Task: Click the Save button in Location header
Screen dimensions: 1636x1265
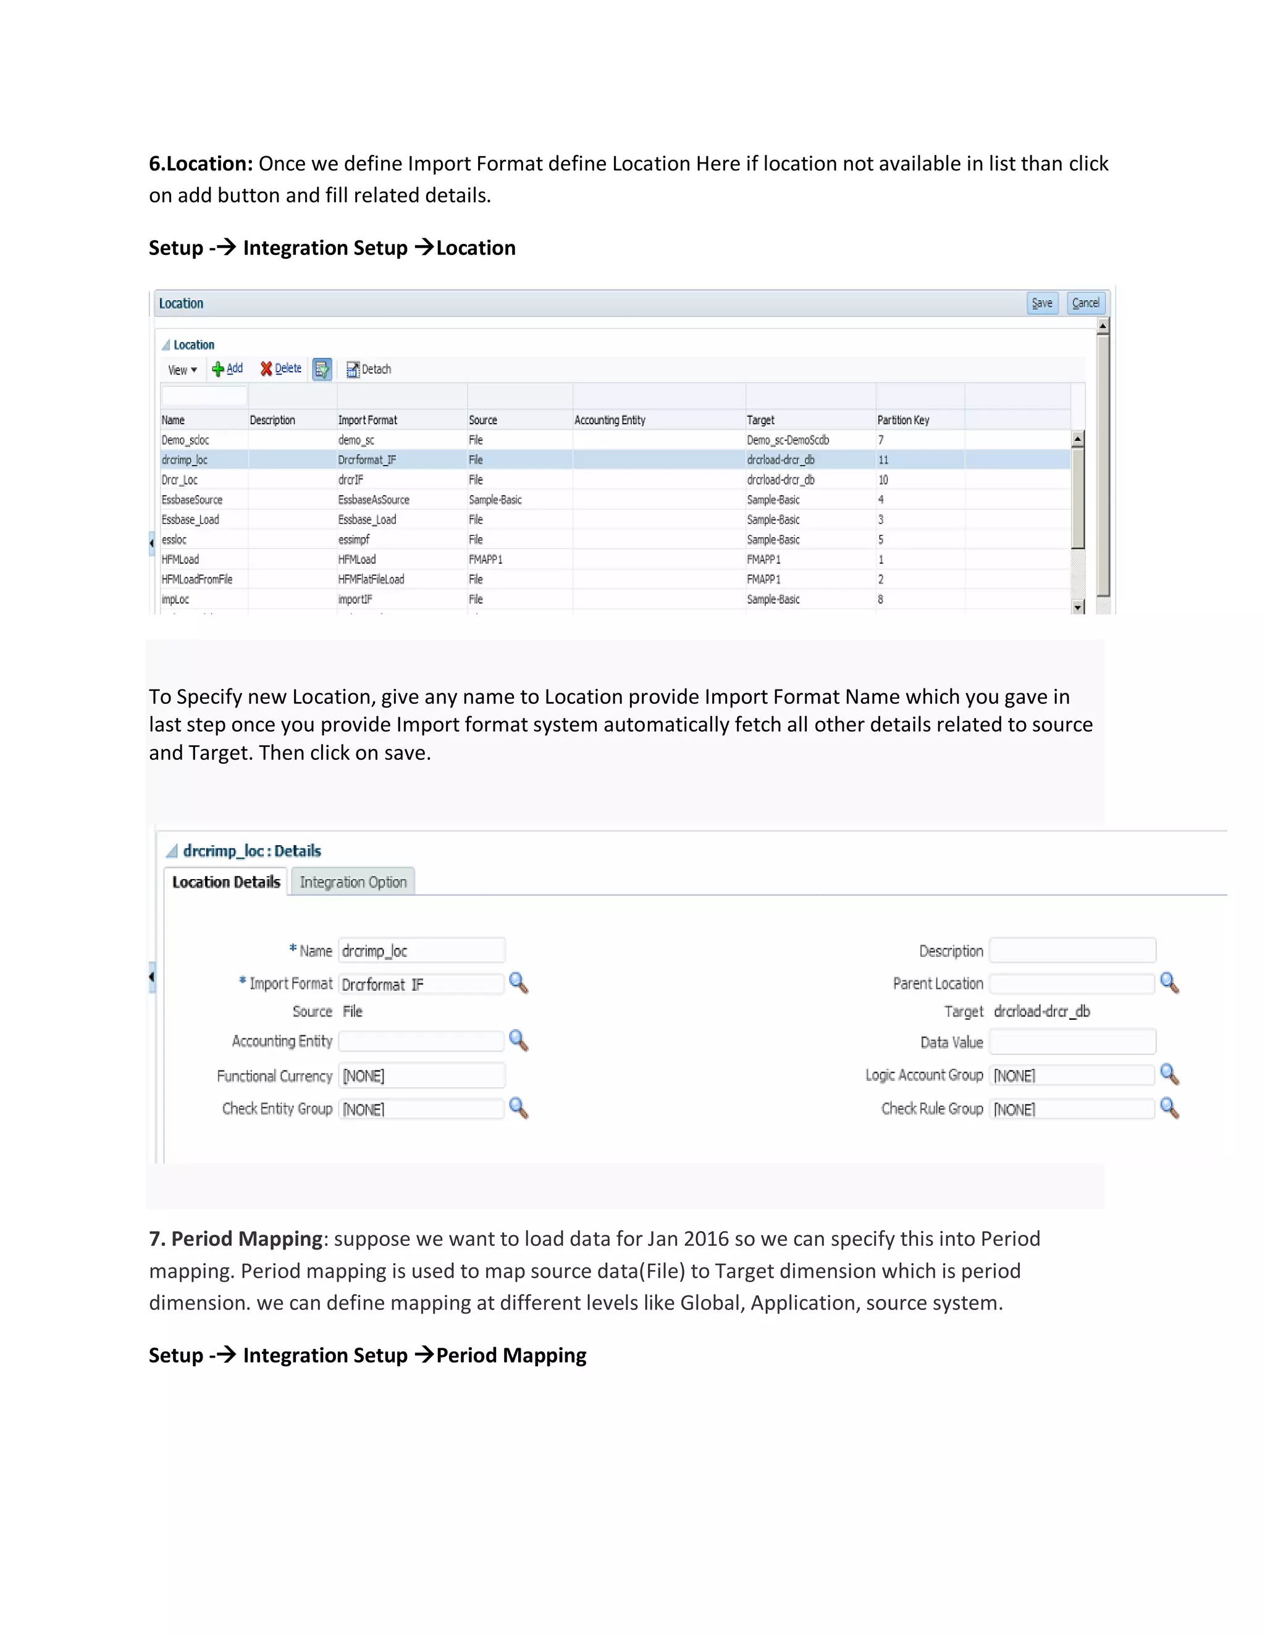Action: (x=1041, y=303)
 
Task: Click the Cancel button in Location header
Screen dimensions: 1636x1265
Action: (x=1085, y=303)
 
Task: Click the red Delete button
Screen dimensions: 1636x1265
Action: (x=281, y=369)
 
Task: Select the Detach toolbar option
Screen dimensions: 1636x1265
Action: (x=369, y=369)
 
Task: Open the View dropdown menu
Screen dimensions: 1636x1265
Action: (x=182, y=370)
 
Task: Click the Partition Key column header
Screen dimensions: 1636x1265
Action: (x=903, y=420)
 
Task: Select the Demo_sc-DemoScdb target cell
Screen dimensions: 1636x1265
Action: (x=788, y=440)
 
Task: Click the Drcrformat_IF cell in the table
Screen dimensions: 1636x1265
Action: (x=368, y=460)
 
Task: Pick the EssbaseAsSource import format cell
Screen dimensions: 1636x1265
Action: (x=373, y=499)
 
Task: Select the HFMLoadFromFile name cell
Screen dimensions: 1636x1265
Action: (x=197, y=580)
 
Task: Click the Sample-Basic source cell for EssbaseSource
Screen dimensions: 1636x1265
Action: (x=495, y=499)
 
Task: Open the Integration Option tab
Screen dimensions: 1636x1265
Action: (x=353, y=882)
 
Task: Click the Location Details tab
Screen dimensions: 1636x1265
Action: (x=225, y=882)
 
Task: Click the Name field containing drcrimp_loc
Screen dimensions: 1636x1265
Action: (x=421, y=951)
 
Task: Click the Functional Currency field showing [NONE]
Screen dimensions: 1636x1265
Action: (x=421, y=1075)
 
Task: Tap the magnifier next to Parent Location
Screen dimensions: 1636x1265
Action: (x=1169, y=983)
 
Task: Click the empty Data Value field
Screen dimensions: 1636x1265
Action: (x=1072, y=1042)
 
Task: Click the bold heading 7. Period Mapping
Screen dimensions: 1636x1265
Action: (x=235, y=1239)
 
